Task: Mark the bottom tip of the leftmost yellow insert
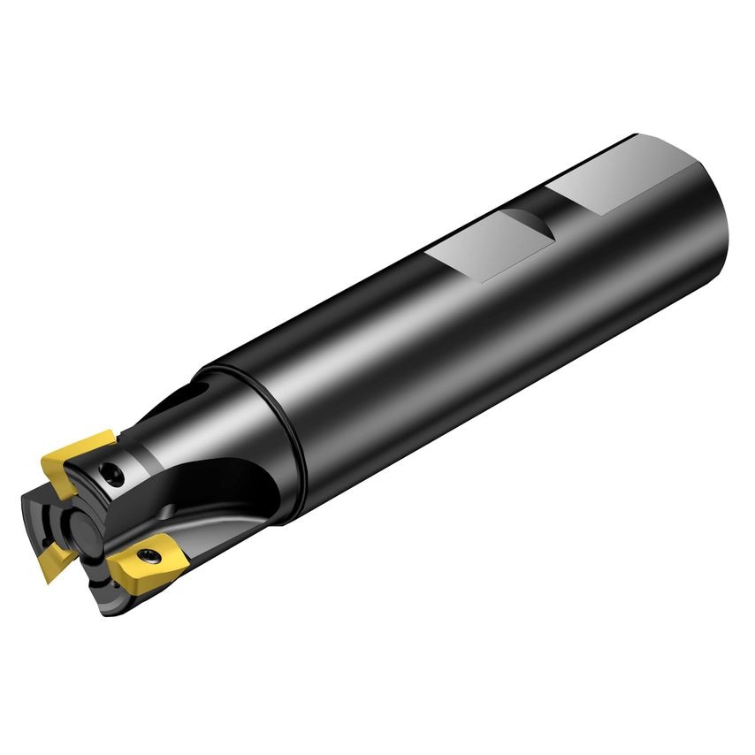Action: pos(46,579)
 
